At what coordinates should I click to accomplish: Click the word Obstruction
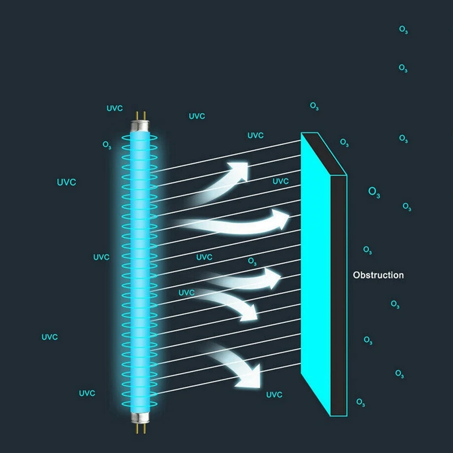click(x=378, y=275)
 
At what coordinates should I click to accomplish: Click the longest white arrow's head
click(x=282, y=217)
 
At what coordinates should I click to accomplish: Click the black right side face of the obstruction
click(x=338, y=294)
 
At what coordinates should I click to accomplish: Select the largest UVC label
click(x=66, y=182)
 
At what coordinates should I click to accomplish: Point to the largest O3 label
click(x=374, y=191)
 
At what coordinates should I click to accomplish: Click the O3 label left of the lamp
click(x=107, y=145)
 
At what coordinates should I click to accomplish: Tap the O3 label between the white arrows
click(x=253, y=261)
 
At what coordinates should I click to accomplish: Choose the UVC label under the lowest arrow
click(x=274, y=395)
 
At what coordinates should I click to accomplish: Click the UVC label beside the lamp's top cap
click(x=114, y=108)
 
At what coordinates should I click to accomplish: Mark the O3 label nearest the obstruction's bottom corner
click(x=361, y=402)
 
